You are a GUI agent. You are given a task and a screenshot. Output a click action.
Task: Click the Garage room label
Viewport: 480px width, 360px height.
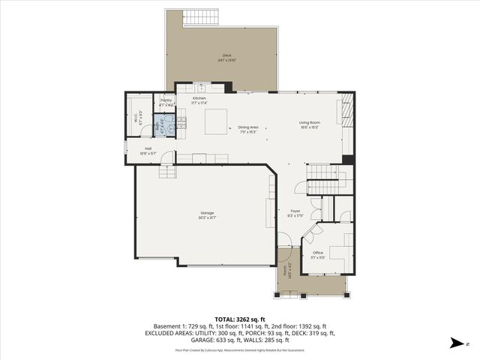[206, 215]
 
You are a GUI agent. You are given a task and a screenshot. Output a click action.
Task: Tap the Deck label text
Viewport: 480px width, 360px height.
[226, 58]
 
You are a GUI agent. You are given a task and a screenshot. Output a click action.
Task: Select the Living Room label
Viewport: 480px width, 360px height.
[310, 124]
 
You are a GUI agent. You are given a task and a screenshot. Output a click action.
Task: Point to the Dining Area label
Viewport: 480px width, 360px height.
[248, 129]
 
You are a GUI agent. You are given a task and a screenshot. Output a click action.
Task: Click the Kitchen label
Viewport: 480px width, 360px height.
[199, 100]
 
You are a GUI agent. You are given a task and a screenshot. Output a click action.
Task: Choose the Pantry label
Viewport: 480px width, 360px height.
[166, 102]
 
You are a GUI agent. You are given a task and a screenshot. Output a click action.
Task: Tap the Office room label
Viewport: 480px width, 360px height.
[318, 255]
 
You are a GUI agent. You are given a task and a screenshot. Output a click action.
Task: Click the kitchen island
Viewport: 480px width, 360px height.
[217, 119]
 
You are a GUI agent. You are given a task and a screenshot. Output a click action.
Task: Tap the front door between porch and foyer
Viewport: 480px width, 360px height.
[285, 247]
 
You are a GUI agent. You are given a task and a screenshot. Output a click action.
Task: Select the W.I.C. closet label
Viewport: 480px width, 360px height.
[136, 117]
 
